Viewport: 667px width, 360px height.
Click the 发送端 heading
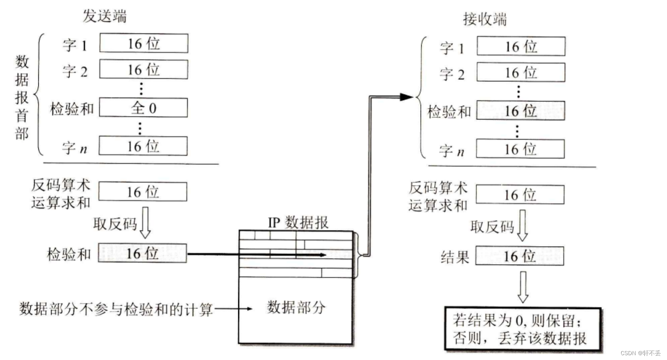pyautogui.click(x=105, y=16)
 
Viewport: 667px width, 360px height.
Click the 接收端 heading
pyautogui.click(x=485, y=19)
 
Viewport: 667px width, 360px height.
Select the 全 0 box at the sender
pyautogui.click(x=143, y=108)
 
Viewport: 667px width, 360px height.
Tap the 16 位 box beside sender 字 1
pyautogui.click(x=144, y=43)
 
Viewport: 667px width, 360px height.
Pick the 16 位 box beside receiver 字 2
pyautogui.click(x=521, y=72)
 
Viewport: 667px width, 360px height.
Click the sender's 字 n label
pyautogui.click(x=74, y=148)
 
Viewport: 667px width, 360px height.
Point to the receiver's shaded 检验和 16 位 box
pyautogui.click(x=520, y=111)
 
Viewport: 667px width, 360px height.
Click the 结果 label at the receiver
pyautogui.click(x=454, y=257)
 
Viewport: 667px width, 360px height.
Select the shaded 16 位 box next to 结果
pyautogui.click(x=519, y=256)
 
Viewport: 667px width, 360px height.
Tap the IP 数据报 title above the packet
pyautogui.click(x=298, y=222)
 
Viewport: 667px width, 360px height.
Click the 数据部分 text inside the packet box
pyautogui.click(x=296, y=307)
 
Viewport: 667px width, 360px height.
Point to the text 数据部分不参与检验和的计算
pyautogui.click(x=116, y=309)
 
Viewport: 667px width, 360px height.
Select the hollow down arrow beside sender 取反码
pyautogui.click(x=145, y=222)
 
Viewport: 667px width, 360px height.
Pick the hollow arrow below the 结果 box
pyautogui.click(x=522, y=287)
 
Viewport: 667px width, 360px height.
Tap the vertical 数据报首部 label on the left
pyautogui.click(x=22, y=97)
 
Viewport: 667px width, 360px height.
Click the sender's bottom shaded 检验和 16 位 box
pyautogui.click(x=142, y=253)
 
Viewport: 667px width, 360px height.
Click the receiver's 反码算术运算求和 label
pyautogui.click(x=438, y=196)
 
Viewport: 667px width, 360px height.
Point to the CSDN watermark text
pyautogui.click(x=640, y=353)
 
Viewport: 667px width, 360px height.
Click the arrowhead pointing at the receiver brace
pyautogui.click(x=407, y=97)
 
